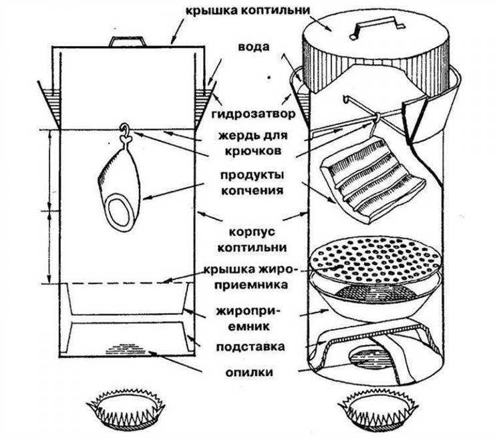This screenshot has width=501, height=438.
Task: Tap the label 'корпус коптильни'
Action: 251,238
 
